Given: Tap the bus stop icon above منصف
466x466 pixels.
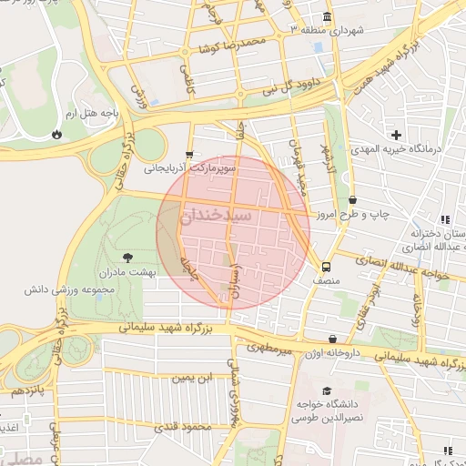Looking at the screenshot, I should coord(326,268).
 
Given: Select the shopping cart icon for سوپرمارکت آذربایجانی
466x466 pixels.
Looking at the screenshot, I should coord(188,155).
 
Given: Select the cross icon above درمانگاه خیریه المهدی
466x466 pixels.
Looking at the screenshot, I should coord(397,135).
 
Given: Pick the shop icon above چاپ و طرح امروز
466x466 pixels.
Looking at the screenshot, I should coord(352,200).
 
